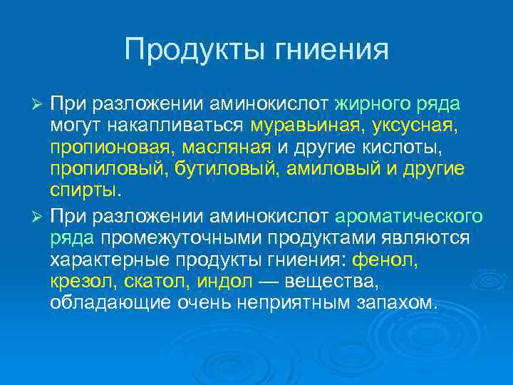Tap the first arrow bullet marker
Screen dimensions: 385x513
point(38,104)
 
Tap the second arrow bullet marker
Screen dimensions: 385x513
point(38,215)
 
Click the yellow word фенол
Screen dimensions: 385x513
point(390,260)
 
